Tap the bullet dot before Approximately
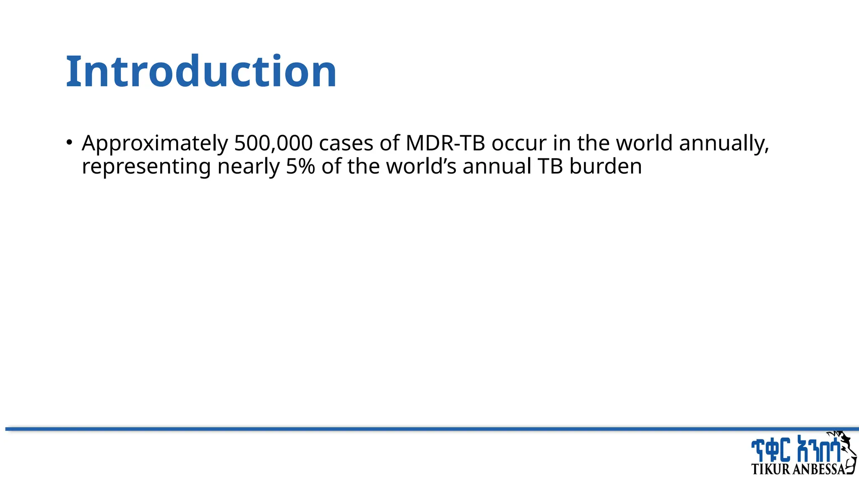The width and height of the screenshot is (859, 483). (69, 142)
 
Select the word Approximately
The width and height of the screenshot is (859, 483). (155, 144)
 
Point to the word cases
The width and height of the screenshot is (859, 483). (346, 143)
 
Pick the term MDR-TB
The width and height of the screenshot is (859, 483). (445, 143)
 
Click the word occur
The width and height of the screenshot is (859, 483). (519, 143)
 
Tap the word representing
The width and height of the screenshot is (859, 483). (146, 167)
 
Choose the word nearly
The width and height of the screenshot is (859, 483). (248, 167)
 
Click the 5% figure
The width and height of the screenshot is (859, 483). (300, 166)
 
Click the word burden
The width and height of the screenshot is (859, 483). (605, 166)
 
